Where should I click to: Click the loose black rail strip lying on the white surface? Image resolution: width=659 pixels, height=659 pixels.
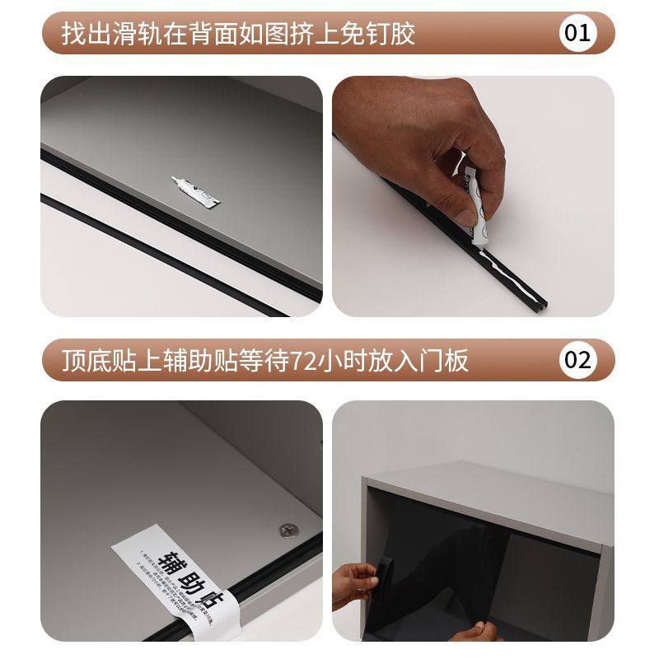pyautogui.click(x=165, y=255)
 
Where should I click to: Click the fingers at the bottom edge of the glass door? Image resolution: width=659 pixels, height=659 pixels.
pyautogui.click(x=478, y=632)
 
